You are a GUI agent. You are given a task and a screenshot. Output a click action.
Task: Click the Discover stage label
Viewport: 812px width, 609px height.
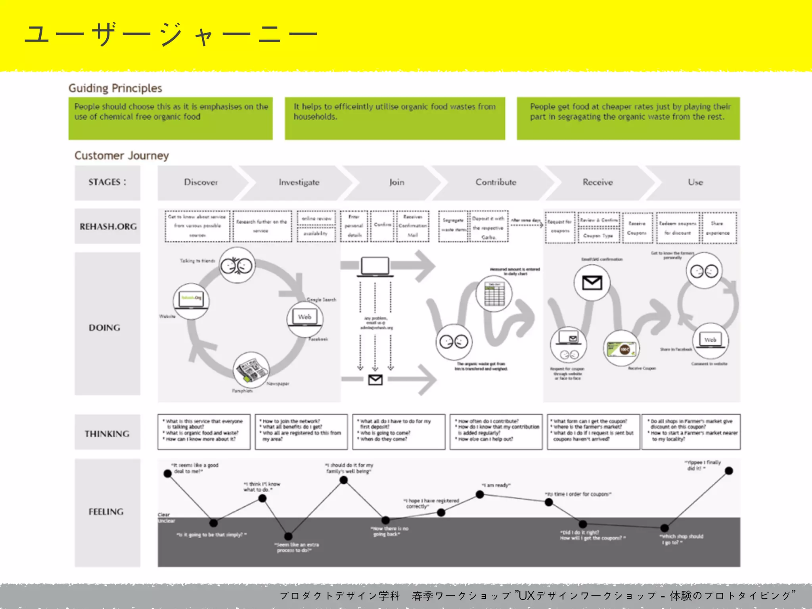(x=201, y=182)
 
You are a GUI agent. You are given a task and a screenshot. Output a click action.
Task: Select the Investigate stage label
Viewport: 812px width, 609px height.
(x=299, y=182)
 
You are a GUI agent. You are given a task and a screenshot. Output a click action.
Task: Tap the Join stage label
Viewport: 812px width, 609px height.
(x=396, y=182)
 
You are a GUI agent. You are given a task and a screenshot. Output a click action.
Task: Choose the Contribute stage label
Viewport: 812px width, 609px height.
(x=496, y=182)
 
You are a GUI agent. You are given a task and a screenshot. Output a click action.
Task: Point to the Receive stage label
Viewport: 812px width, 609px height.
(x=598, y=182)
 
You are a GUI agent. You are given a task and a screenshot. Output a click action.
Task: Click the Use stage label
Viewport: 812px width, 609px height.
(x=695, y=182)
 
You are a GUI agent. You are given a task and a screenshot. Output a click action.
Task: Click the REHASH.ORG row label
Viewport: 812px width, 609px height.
(x=108, y=226)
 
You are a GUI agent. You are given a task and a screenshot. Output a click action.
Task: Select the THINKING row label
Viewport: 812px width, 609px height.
(x=107, y=434)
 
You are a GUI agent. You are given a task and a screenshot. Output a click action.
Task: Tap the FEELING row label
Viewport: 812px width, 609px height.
(x=106, y=512)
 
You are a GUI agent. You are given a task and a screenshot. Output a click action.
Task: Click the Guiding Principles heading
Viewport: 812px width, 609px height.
(x=115, y=88)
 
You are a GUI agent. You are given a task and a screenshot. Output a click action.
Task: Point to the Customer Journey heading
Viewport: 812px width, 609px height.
(x=122, y=155)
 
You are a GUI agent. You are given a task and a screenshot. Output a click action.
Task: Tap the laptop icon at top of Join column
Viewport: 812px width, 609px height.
(x=375, y=266)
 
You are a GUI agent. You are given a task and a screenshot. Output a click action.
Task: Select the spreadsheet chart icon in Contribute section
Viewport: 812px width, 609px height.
(x=494, y=294)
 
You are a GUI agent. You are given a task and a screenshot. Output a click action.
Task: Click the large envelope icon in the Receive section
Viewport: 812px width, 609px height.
(x=592, y=283)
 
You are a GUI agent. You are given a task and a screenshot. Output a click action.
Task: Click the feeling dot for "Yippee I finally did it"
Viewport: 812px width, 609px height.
(x=729, y=471)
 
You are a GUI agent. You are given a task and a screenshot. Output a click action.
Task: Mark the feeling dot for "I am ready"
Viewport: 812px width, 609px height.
(x=480, y=494)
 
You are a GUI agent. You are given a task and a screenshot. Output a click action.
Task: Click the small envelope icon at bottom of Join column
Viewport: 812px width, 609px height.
(x=375, y=380)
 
